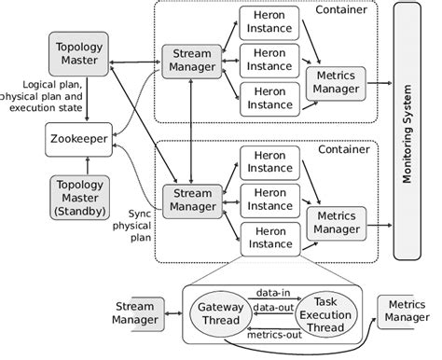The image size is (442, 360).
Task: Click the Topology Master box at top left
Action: click(79, 53)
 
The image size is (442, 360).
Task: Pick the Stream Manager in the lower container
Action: click(191, 199)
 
